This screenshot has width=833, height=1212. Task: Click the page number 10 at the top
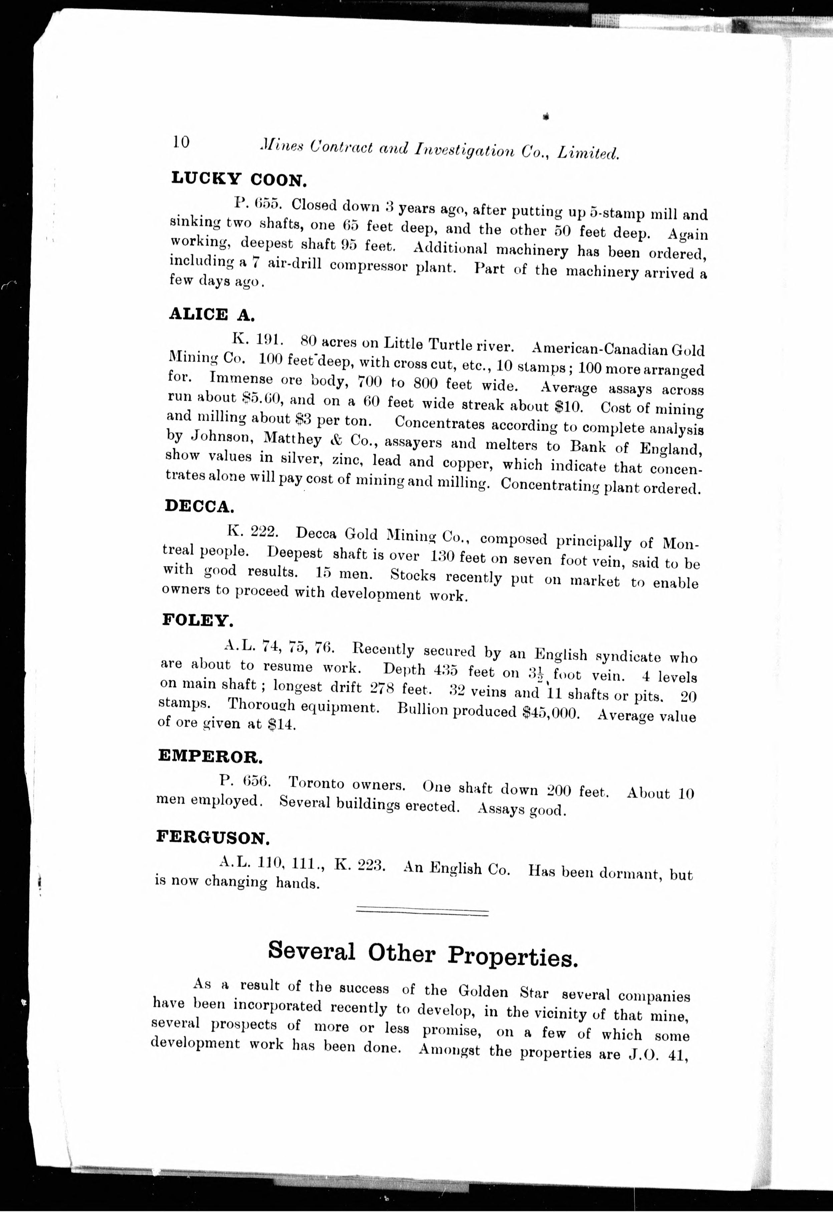(x=181, y=142)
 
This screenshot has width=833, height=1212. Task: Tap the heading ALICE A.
(x=212, y=314)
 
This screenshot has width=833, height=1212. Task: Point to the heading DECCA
(x=199, y=506)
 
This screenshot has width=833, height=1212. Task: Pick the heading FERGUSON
(x=213, y=837)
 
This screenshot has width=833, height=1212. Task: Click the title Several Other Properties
(x=423, y=954)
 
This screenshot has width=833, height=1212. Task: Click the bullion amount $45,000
(x=551, y=713)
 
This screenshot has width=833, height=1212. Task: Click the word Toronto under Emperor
(x=317, y=784)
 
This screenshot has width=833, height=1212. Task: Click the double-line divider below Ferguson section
(x=422, y=911)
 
